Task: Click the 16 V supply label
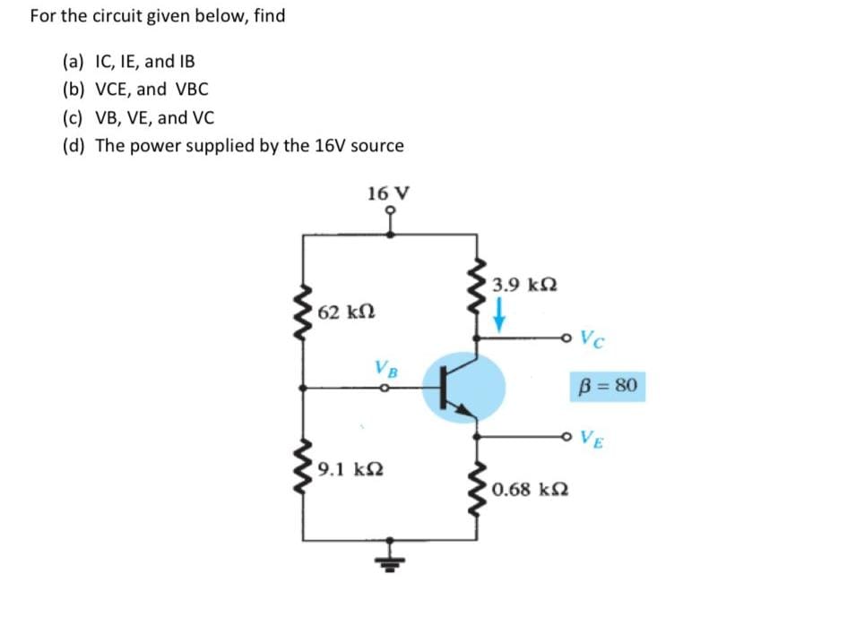tap(388, 193)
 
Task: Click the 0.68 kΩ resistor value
tap(535, 490)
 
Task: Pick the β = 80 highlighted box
tap(607, 387)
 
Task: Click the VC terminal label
tap(592, 338)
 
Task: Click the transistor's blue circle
tap(463, 388)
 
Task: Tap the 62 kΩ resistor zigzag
tap(304, 315)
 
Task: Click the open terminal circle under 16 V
tap(389, 213)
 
